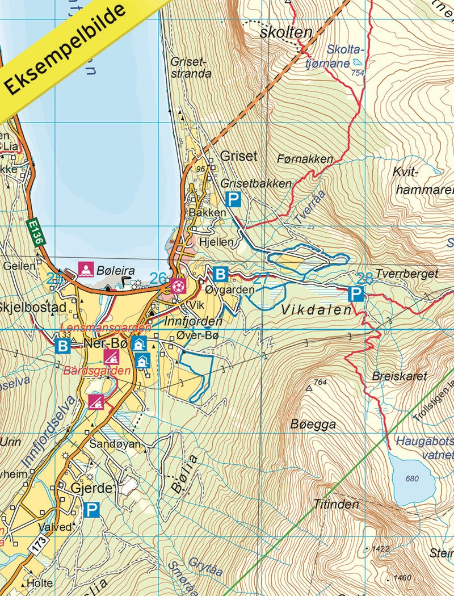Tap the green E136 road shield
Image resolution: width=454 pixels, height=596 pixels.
(35, 232)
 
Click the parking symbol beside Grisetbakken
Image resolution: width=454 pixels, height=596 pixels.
(233, 199)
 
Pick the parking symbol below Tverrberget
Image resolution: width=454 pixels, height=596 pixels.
(355, 294)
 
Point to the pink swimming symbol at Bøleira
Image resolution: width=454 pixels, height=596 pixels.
(85, 268)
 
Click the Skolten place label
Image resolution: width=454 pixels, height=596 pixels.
(285, 32)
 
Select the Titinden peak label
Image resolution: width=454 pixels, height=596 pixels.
(336, 504)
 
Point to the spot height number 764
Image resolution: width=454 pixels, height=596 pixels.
(320, 383)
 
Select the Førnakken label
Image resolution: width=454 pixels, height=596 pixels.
(305, 159)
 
